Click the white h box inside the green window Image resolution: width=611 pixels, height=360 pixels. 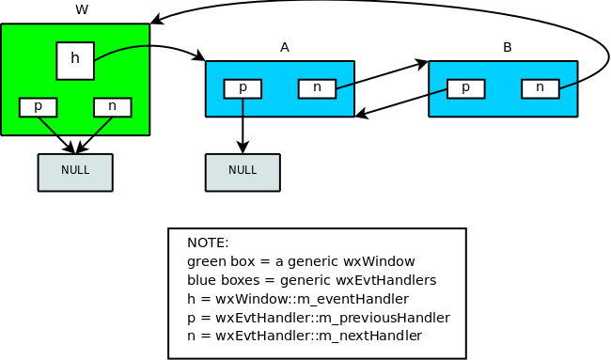[x=75, y=60]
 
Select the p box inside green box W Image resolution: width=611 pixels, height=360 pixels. [x=38, y=107]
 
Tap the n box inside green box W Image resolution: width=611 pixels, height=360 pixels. [x=112, y=107]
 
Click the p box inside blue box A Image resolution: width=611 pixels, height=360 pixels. [x=243, y=88]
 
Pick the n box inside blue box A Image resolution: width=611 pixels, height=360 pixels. [x=317, y=88]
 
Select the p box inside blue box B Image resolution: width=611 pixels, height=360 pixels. [x=465, y=88]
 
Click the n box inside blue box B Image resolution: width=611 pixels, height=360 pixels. [x=540, y=88]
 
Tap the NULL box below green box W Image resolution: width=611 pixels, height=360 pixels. [x=75, y=172]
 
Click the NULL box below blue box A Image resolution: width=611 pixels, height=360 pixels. [x=243, y=172]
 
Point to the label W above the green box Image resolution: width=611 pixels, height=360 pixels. [x=82, y=10]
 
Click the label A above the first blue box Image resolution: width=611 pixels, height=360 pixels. [x=284, y=47]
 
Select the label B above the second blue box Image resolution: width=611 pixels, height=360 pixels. [x=508, y=47]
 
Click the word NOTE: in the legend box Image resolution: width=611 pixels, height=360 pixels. [x=208, y=243]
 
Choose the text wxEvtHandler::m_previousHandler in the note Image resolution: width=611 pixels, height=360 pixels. [x=333, y=317]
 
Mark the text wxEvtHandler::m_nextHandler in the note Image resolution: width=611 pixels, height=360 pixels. [x=319, y=336]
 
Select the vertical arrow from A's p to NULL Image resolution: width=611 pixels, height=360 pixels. [x=243, y=122]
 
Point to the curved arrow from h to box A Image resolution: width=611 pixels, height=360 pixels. [x=150, y=47]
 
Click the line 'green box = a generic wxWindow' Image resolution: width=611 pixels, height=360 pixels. [x=301, y=261]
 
